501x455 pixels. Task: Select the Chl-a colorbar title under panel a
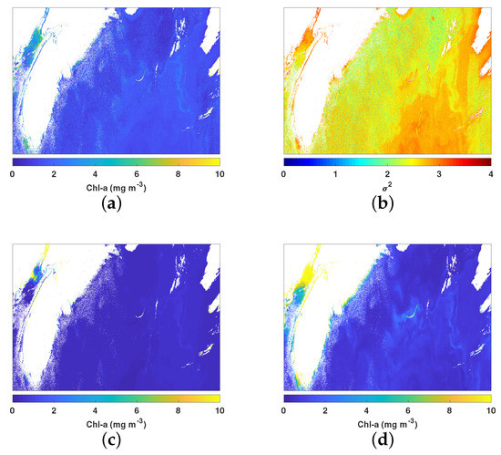pos(116,187)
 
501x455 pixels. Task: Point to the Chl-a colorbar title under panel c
pos(116,424)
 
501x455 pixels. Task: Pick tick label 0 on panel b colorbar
pos(284,172)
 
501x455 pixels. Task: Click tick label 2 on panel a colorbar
pos(54,172)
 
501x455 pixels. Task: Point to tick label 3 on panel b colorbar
pos(440,172)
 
